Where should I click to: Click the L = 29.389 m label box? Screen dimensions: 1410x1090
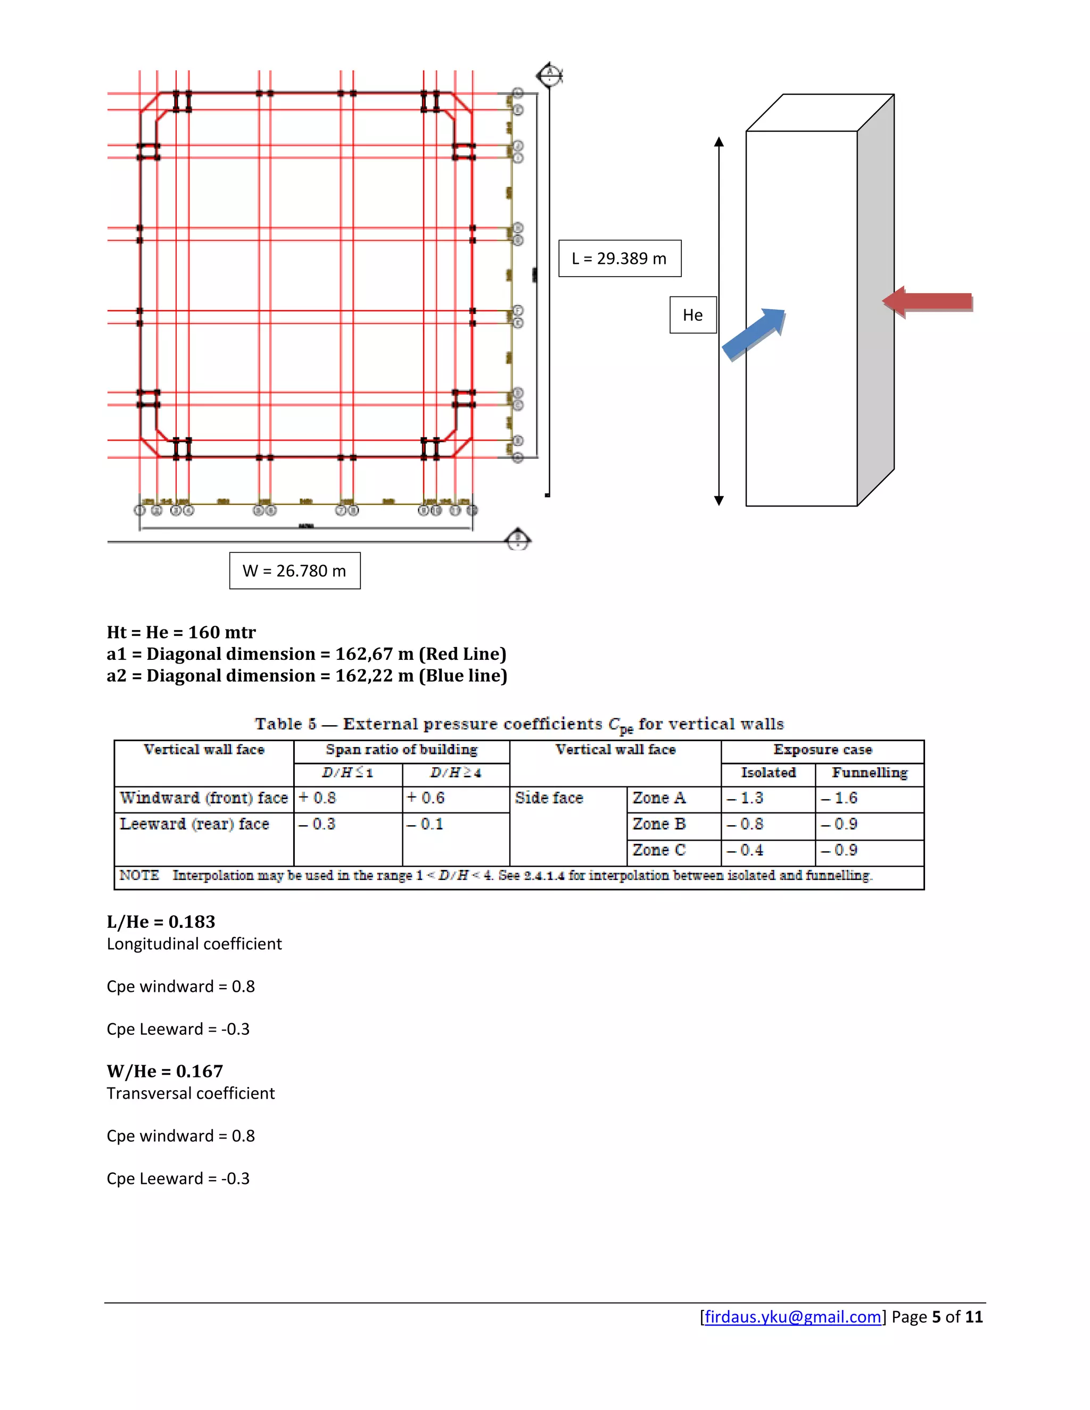pos(620,258)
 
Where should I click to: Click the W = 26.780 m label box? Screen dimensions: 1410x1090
pos(294,571)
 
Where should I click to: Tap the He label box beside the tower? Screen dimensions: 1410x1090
pos(692,315)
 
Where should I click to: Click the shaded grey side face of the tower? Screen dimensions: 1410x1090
pos(876,303)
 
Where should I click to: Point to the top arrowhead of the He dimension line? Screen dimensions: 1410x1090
pos(719,142)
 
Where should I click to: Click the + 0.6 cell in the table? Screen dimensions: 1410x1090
pos(426,798)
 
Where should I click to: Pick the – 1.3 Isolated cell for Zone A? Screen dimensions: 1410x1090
pos(746,798)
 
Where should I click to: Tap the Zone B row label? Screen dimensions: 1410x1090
pos(659,824)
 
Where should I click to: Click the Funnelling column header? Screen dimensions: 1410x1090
pos(869,773)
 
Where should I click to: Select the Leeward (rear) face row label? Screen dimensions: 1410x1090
pos(194,824)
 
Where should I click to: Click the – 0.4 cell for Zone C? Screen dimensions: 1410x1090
pos(746,850)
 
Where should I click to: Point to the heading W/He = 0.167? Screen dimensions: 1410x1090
pos(164,1071)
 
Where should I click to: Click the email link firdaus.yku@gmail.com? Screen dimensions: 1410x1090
pos(792,1317)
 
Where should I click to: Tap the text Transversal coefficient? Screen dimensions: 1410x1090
pos(191,1093)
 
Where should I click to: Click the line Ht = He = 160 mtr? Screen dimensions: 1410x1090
pos(181,632)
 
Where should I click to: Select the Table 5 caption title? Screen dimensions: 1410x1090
pos(518,724)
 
